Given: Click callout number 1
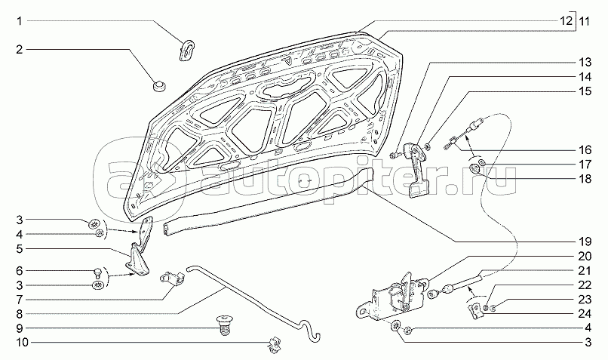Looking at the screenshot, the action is coord(19,20).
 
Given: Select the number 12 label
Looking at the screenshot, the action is coord(566,20).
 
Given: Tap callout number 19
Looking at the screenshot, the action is coord(585,242).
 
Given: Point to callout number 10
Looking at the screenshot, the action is coord(23,343).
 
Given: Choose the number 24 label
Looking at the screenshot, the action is coord(585,313).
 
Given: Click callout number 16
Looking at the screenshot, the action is coord(585,149).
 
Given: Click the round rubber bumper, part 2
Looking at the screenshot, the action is coord(158,86).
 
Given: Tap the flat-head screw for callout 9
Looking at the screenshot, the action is coord(223,325).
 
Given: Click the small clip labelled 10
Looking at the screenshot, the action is coord(275,343).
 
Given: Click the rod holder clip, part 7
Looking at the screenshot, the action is coord(172,278).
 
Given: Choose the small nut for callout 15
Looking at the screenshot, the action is coord(426,146).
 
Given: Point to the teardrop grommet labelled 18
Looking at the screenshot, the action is coord(475,169).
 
